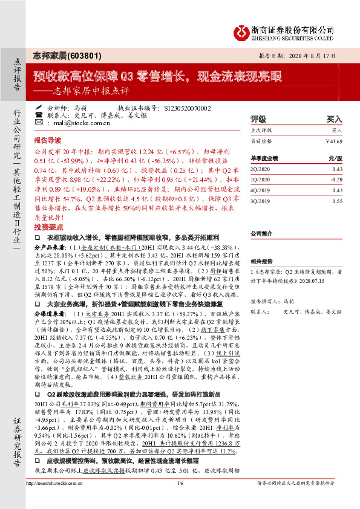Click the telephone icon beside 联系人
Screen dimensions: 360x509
coord(39,114)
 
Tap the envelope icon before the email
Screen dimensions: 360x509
coord(39,122)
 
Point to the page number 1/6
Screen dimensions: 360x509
coord(180,501)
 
